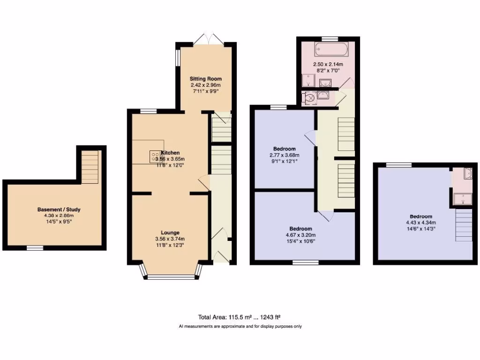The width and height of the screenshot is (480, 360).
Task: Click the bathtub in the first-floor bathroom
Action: [330, 49]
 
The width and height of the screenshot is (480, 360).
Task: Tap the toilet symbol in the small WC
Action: [310, 97]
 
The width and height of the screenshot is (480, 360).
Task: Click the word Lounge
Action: [170, 232]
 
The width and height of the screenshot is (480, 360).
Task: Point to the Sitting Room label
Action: [205, 78]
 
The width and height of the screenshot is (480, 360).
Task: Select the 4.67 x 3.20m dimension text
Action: [301, 235]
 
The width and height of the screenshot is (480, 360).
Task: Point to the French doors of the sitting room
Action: [207, 39]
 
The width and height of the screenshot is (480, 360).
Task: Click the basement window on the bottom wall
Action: [35, 247]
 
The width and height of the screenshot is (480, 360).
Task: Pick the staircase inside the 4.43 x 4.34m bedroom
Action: [464, 225]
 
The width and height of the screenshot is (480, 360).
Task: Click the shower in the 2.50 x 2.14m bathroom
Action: [306, 82]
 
